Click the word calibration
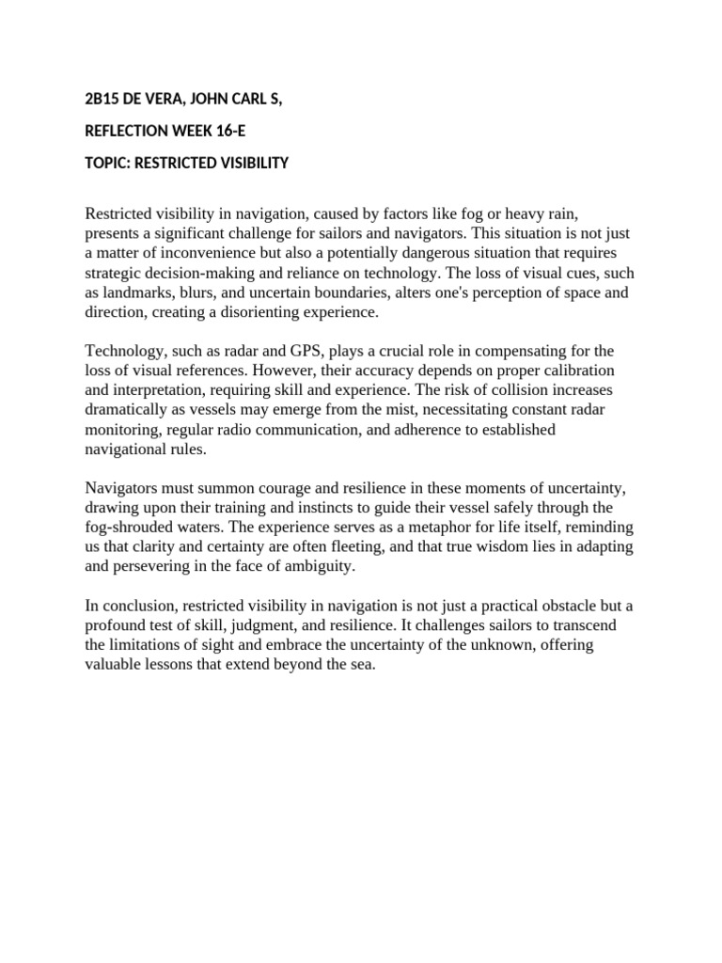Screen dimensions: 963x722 tap(573, 371)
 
